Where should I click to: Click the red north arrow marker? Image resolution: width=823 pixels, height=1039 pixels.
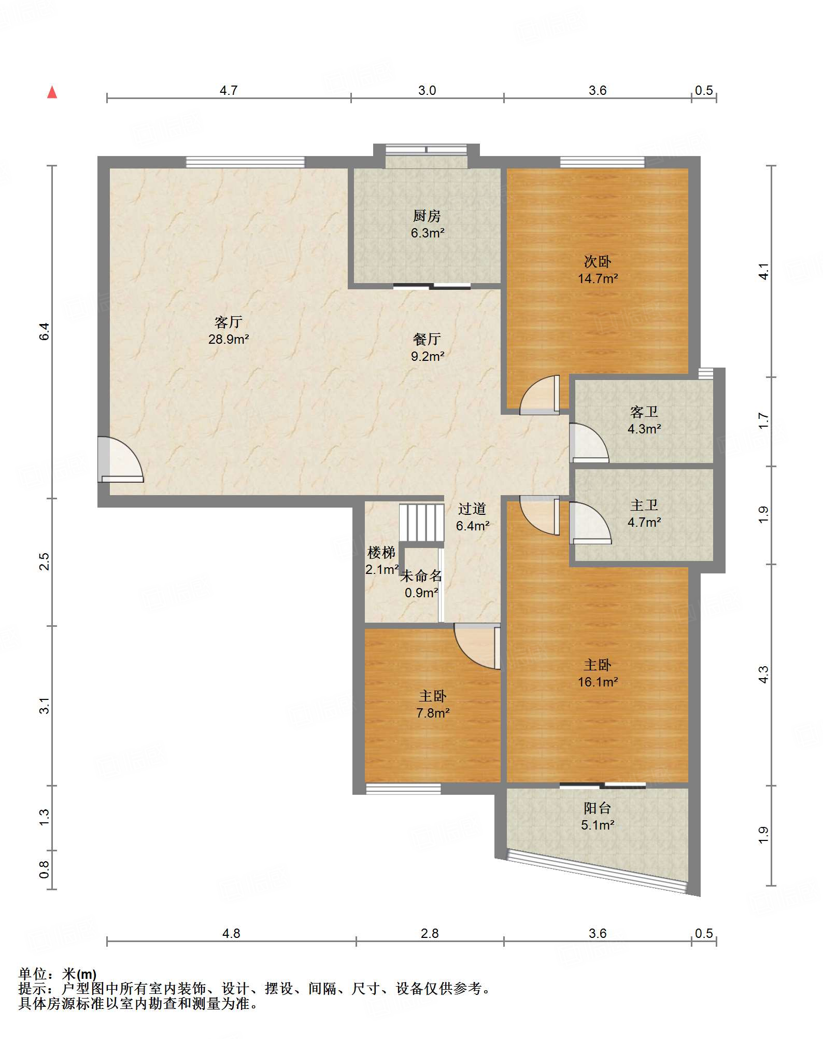(x=52, y=92)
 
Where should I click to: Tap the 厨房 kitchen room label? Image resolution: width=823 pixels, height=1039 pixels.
(x=427, y=216)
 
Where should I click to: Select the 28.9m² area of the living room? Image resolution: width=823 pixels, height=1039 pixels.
(x=229, y=340)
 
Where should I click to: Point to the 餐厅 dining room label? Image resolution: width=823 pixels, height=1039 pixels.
(x=427, y=339)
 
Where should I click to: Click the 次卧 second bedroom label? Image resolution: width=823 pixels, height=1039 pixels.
(x=598, y=261)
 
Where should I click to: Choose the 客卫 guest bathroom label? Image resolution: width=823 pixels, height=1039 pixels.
(x=644, y=412)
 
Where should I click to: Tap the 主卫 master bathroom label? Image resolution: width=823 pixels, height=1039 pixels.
(x=644, y=505)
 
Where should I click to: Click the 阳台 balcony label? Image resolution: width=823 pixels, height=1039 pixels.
(x=598, y=808)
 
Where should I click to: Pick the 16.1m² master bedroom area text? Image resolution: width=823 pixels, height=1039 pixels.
(x=598, y=682)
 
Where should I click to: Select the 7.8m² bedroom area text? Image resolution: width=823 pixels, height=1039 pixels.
(x=433, y=713)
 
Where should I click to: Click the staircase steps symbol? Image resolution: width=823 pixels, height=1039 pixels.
(x=421, y=523)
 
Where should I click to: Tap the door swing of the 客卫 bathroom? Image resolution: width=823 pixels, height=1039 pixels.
(x=589, y=443)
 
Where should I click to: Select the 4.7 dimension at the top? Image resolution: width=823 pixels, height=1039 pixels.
(x=229, y=91)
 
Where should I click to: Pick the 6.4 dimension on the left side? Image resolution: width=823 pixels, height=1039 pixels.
(x=45, y=331)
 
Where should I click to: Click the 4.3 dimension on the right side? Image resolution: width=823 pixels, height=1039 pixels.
(x=763, y=675)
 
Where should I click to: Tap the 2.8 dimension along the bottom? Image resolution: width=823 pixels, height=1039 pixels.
(x=430, y=934)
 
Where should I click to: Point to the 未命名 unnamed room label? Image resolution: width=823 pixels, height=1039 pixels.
(x=421, y=575)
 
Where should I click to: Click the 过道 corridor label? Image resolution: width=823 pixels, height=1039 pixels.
(x=472, y=509)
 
